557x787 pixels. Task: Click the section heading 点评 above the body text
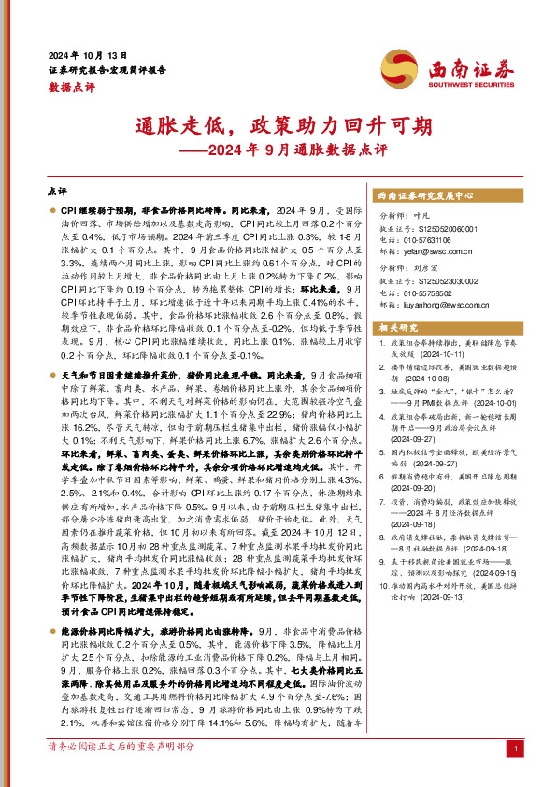tap(57, 190)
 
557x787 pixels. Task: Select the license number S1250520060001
tap(444, 229)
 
